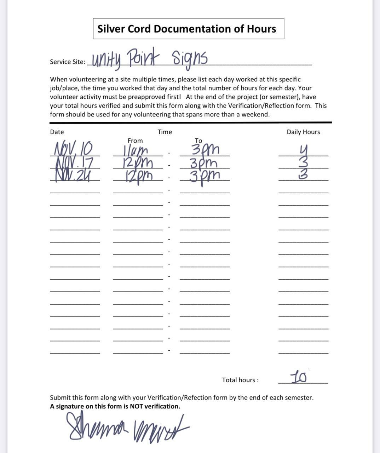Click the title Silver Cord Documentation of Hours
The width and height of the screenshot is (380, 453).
[x=186, y=29]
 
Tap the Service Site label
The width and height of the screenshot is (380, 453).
[x=67, y=62]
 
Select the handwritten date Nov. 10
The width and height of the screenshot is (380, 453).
[x=73, y=148]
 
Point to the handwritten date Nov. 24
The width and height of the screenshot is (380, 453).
[x=72, y=175]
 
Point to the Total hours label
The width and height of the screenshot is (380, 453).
[x=240, y=380]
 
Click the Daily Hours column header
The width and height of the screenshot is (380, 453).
[x=303, y=132]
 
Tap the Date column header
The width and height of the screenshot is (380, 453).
[x=57, y=132]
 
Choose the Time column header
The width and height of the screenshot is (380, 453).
[x=165, y=132]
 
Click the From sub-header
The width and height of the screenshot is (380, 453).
[x=135, y=141]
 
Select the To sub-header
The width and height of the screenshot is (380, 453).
[x=198, y=141]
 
